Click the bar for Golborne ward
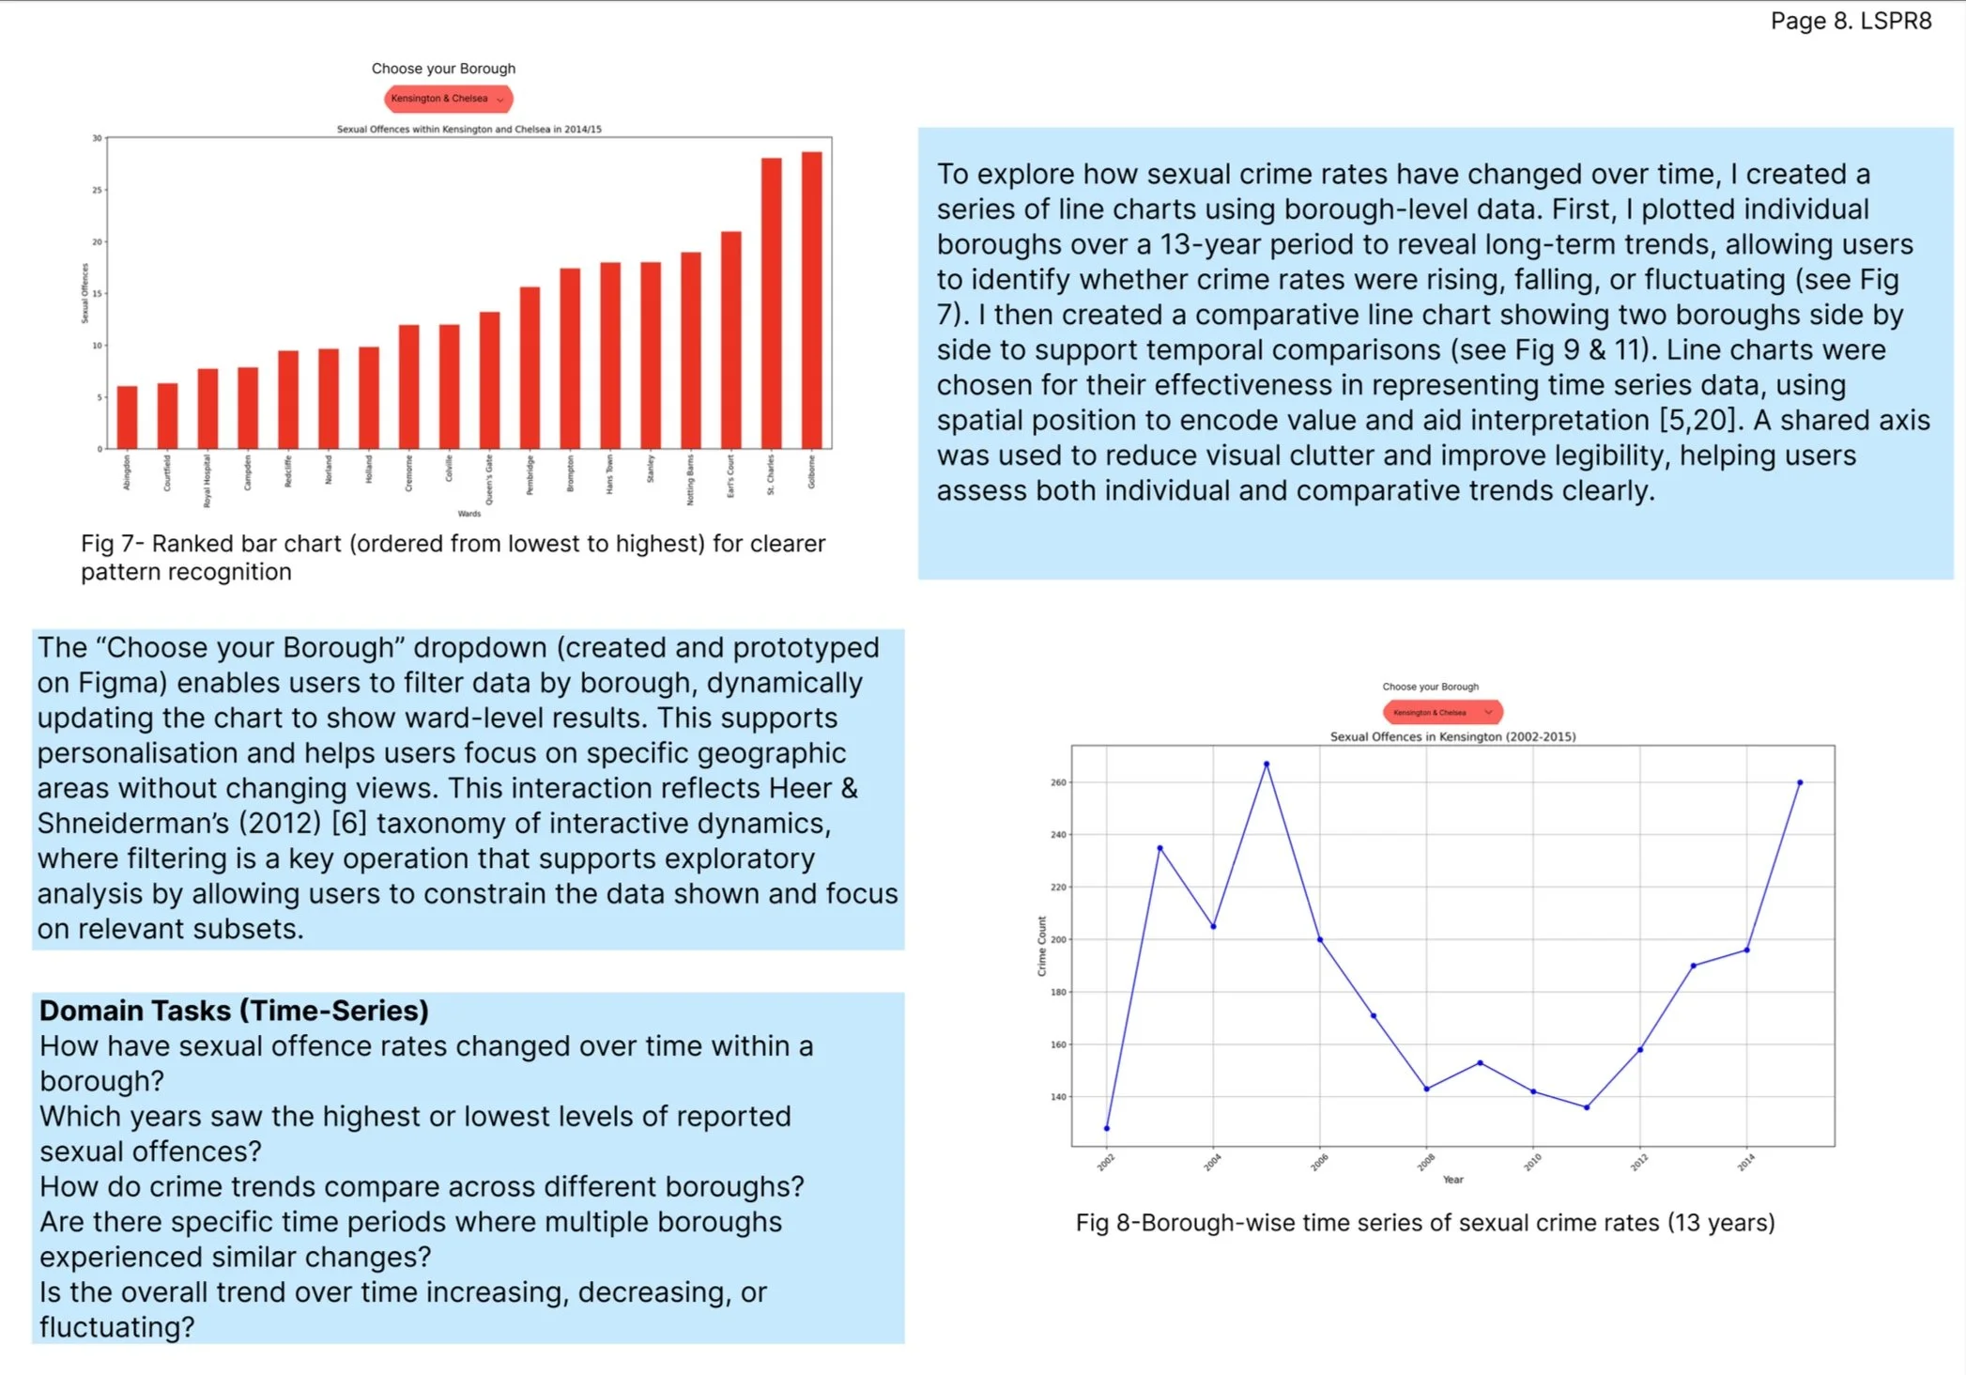812,301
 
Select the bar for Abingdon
127,417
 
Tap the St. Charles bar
772,303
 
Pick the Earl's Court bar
731,340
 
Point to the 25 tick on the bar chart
97,190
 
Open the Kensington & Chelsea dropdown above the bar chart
448,99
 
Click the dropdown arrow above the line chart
1488,713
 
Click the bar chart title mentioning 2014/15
468,130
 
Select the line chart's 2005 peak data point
1267,765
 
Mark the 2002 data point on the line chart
1107,1128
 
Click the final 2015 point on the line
1800,782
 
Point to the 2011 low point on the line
1587,1107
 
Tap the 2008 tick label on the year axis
1425,1163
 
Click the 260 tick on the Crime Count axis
1058,782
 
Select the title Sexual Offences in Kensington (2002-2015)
1452,737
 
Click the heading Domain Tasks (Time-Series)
234,1011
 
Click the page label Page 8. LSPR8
1851,21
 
